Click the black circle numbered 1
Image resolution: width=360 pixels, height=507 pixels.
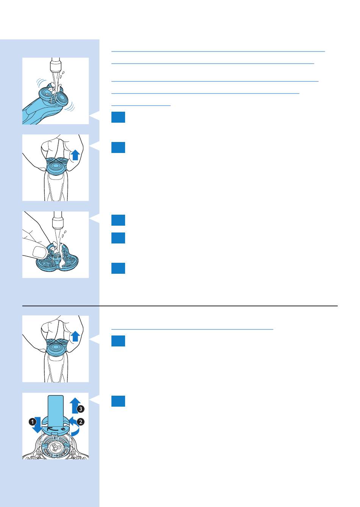pyautogui.click(x=32, y=422)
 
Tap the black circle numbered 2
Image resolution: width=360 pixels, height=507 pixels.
pyautogui.click(x=81, y=422)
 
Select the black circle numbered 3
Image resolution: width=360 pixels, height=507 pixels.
pyautogui.click(x=81, y=409)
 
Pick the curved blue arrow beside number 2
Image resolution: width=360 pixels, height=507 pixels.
pyautogui.click(x=75, y=427)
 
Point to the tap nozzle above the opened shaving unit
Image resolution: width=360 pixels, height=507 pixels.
pyautogui.click(x=57, y=220)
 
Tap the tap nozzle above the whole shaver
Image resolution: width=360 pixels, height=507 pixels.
pyautogui.click(x=55, y=64)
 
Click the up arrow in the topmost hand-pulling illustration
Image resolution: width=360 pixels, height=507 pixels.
pyautogui.click(x=75, y=155)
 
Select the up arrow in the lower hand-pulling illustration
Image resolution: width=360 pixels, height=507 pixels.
pyautogui.click(x=75, y=336)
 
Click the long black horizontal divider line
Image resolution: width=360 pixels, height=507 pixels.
pyautogui.click(x=180, y=306)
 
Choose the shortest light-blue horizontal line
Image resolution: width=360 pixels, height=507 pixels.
pyautogui.click(x=141, y=106)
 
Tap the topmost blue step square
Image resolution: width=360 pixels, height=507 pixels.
pyautogui.click(x=118, y=117)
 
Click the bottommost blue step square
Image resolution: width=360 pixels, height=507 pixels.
pyautogui.click(x=118, y=401)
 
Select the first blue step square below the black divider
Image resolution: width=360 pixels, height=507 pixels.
pyautogui.click(x=118, y=341)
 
